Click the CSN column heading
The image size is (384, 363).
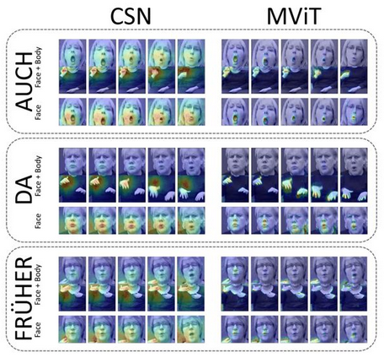pyautogui.click(x=131, y=16)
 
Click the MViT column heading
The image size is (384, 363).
pyautogui.click(x=294, y=16)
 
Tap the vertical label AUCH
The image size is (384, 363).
pyautogui.click(x=24, y=81)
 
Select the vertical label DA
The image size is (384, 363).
pyautogui.click(x=24, y=189)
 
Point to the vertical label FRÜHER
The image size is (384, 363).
pyautogui.click(x=24, y=298)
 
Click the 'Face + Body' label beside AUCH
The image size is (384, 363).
pyautogui.click(x=38, y=67)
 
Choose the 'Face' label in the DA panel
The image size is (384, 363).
pyautogui.click(x=38, y=220)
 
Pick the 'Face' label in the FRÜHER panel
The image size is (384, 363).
pyautogui.click(x=38, y=329)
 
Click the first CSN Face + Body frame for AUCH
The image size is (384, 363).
pyautogui.click(x=72, y=67)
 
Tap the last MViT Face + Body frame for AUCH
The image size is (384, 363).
pyautogui.click(x=354, y=67)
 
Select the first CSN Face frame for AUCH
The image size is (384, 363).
pyautogui.click(x=72, y=112)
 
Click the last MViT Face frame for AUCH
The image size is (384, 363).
pyautogui.click(x=354, y=112)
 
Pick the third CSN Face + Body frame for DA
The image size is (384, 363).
pyautogui.click(x=132, y=176)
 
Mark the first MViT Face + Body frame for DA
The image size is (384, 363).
pyautogui.click(x=235, y=176)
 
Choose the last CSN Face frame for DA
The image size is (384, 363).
pyautogui.click(x=191, y=220)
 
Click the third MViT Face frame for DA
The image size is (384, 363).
pyautogui.click(x=295, y=220)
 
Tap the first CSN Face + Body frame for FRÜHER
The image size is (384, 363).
pyautogui.click(x=72, y=284)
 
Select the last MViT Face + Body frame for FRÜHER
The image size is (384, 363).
pyautogui.click(x=354, y=284)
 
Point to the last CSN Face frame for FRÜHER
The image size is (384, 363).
pyautogui.click(x=191, y=329)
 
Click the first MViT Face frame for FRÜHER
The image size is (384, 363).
pyautogui.click(x=235, y=329)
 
